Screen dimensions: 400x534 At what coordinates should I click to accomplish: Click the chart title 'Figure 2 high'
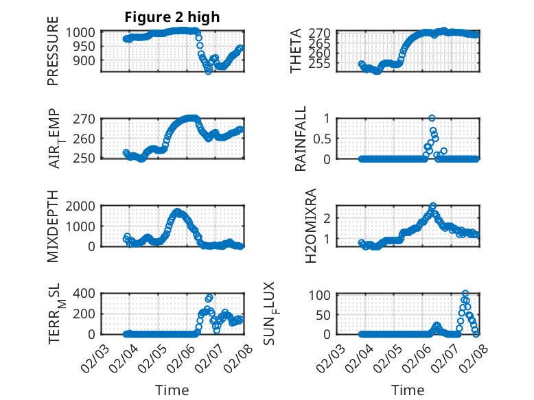[172, 17]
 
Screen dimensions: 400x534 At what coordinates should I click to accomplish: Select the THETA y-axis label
[297, 51]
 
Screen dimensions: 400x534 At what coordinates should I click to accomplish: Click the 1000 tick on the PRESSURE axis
[84, 32]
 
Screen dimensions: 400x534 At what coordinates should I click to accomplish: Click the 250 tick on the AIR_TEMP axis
[88, 158]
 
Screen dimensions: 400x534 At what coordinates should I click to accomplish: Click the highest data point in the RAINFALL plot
[432, 118]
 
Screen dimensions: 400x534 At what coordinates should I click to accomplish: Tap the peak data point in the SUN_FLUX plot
[465, 294]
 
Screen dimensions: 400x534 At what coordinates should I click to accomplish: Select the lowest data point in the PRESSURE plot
[209, 71]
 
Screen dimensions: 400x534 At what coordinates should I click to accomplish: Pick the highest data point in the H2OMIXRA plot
[433, 206]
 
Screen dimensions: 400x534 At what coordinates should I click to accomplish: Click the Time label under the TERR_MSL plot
[172, 390]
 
